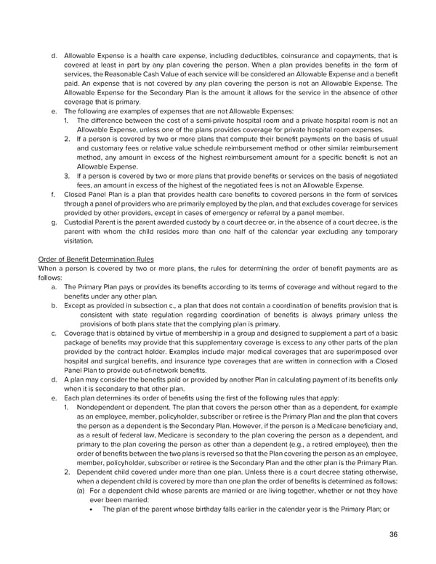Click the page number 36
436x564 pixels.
point(392,536)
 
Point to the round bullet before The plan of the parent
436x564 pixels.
point(94,509)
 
